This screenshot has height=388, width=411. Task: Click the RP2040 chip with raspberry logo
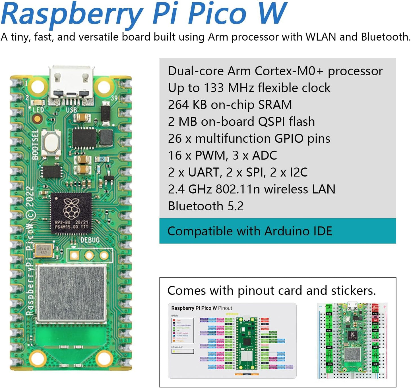[71, 213]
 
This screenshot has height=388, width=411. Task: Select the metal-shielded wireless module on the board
[72, 293]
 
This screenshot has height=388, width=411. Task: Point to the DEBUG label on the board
[90, 240]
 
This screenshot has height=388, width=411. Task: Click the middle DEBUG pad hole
[89, 255]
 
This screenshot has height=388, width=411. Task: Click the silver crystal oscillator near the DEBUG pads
[44, 250]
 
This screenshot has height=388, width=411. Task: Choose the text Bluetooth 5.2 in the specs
[206, 206]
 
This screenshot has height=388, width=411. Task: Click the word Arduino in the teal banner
[287, 231]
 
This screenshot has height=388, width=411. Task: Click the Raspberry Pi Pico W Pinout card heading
[201, 308]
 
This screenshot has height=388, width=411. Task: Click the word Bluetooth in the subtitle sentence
[385, 37]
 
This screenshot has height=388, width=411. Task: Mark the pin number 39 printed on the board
[114, 98]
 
